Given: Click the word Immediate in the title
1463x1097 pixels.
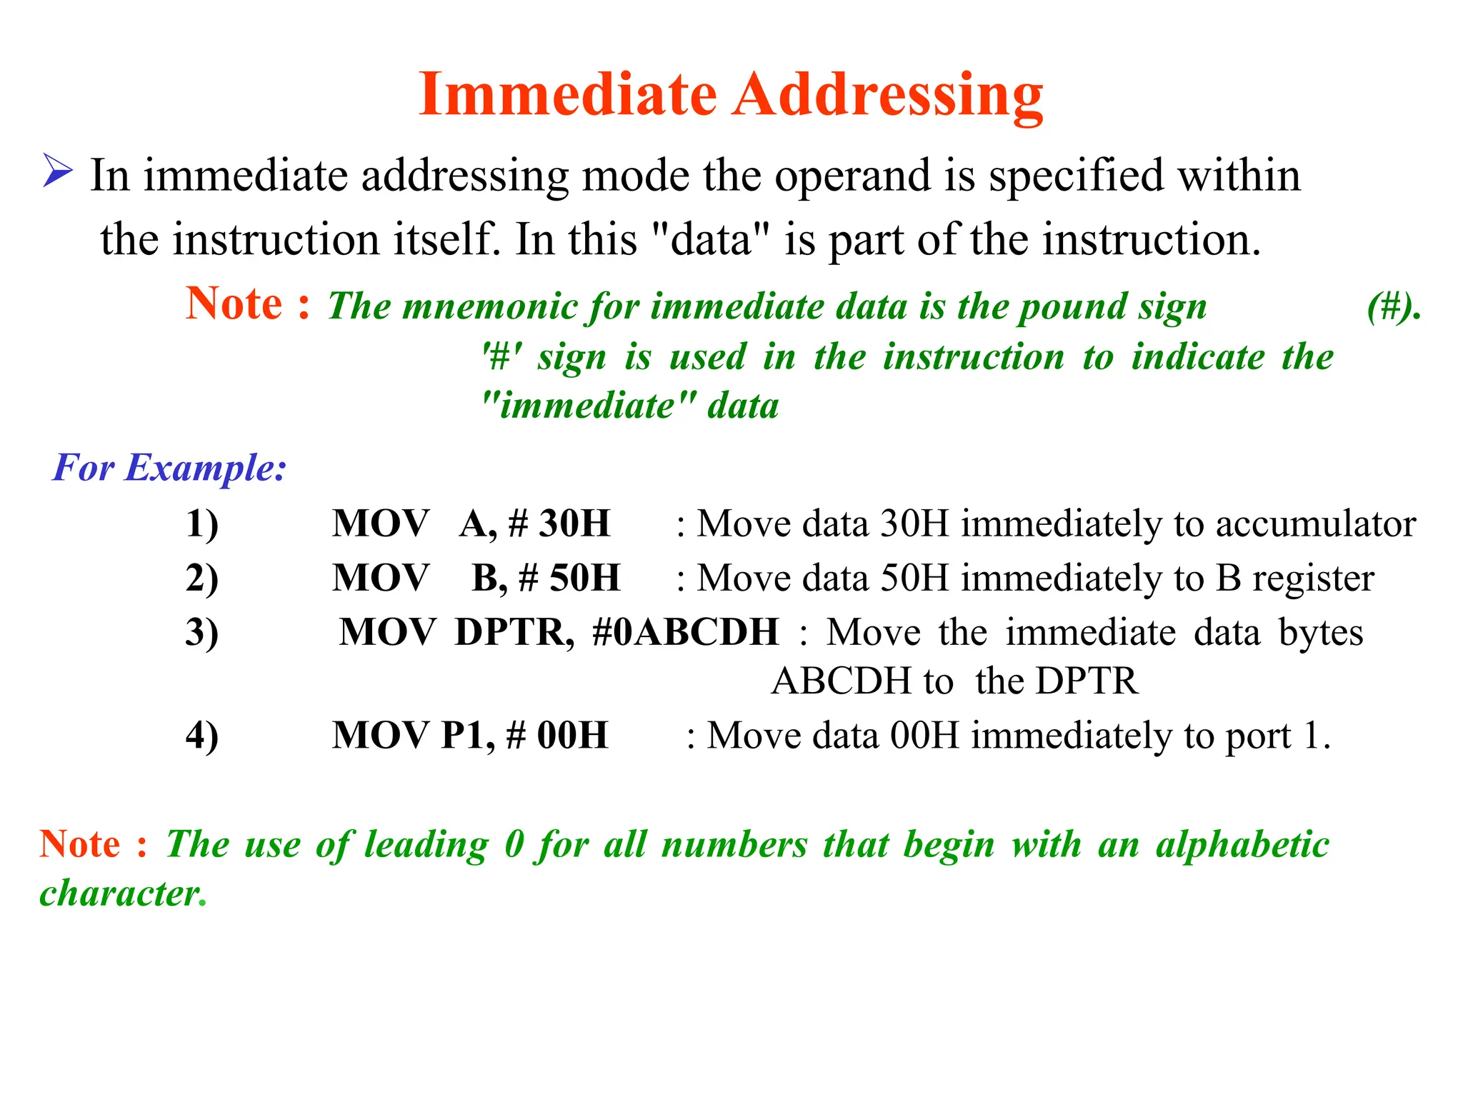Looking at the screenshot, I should point(568,94).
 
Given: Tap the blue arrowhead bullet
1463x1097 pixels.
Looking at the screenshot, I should point(57,171).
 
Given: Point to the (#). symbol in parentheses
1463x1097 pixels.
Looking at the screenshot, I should point(1394,307).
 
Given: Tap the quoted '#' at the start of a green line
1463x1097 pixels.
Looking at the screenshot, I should point(501,356).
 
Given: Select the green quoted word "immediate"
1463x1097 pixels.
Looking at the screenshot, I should point(588,406).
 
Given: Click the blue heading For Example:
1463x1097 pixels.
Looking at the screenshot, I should point(169,468).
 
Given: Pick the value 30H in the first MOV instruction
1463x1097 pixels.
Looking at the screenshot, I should point(574,524).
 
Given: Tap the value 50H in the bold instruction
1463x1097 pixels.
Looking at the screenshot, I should point(584,578).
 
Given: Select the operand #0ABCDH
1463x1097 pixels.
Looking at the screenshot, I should point(685,632).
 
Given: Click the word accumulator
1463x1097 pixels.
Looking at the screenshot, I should point(1316,525).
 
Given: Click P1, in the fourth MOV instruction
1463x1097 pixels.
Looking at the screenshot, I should point(468,736).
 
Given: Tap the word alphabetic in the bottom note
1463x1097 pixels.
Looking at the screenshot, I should point(1242,845).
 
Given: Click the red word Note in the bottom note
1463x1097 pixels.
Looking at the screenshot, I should point(80,844).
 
